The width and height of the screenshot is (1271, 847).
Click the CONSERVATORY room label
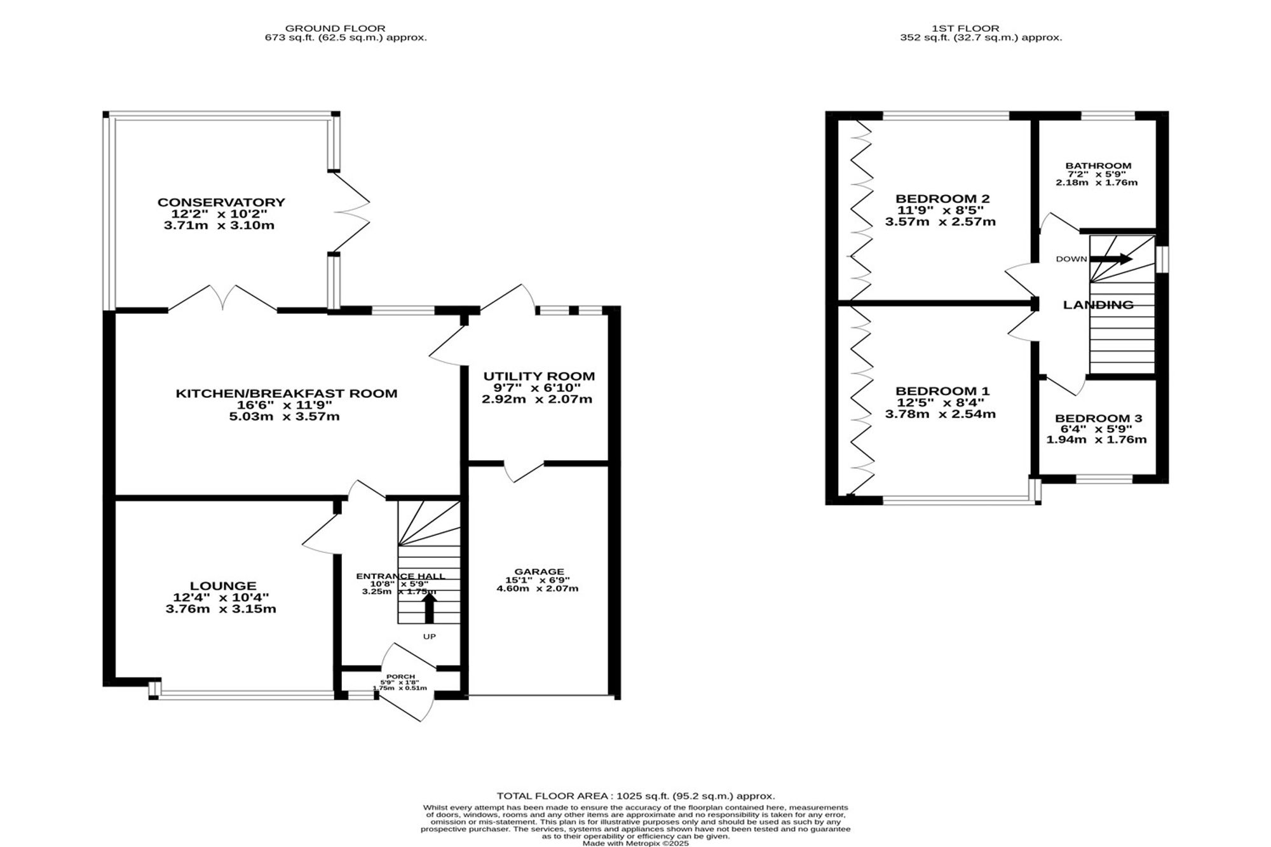pyautogui.click(x=221, y=202)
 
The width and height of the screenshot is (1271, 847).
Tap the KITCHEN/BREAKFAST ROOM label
pyautogui.click(x=287, y=393)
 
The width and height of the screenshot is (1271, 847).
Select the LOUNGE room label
pyautogui.click(x=223, y=585)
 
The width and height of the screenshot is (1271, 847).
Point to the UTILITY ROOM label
pyautogui.click(x=539, y=376)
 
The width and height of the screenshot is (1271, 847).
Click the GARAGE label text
pyautogui.click(x=540, y=571)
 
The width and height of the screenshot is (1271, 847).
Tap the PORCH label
pyautogui.click(x=400, y=677)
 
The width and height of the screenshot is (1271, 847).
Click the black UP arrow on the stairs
pyautogui.click(x=430, y=607)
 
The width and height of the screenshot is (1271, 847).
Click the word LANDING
pyautogui.click(x=1098, y=305)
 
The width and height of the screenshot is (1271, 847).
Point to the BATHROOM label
pyautogui.click(x=1098, y=166)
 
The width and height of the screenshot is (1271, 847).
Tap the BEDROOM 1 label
pyautogui.click(x=942, y=391)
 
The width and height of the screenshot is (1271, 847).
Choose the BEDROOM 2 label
pyautogui.click(x=942, y=198)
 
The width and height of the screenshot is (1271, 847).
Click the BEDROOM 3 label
pyautogui.click(x=1098, y=418)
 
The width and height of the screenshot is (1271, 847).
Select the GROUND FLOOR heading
pyautogui.click(x=335, y=28)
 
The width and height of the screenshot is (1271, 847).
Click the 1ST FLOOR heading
pyautogui.click(x=965, y=28)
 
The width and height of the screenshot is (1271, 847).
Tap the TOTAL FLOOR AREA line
pyautogui.click(x=635, y=796)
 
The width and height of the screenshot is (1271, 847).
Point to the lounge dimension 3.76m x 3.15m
pyautogui.click(x=221, y=609)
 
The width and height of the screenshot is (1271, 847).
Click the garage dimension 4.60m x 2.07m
pyautogui.click(x=537, y=588)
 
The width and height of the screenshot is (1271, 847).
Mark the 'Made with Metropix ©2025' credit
pyautogui.click(x=635, y=843)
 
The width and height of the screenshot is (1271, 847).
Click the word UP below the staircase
pyautogui.click(x=430, y=636)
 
